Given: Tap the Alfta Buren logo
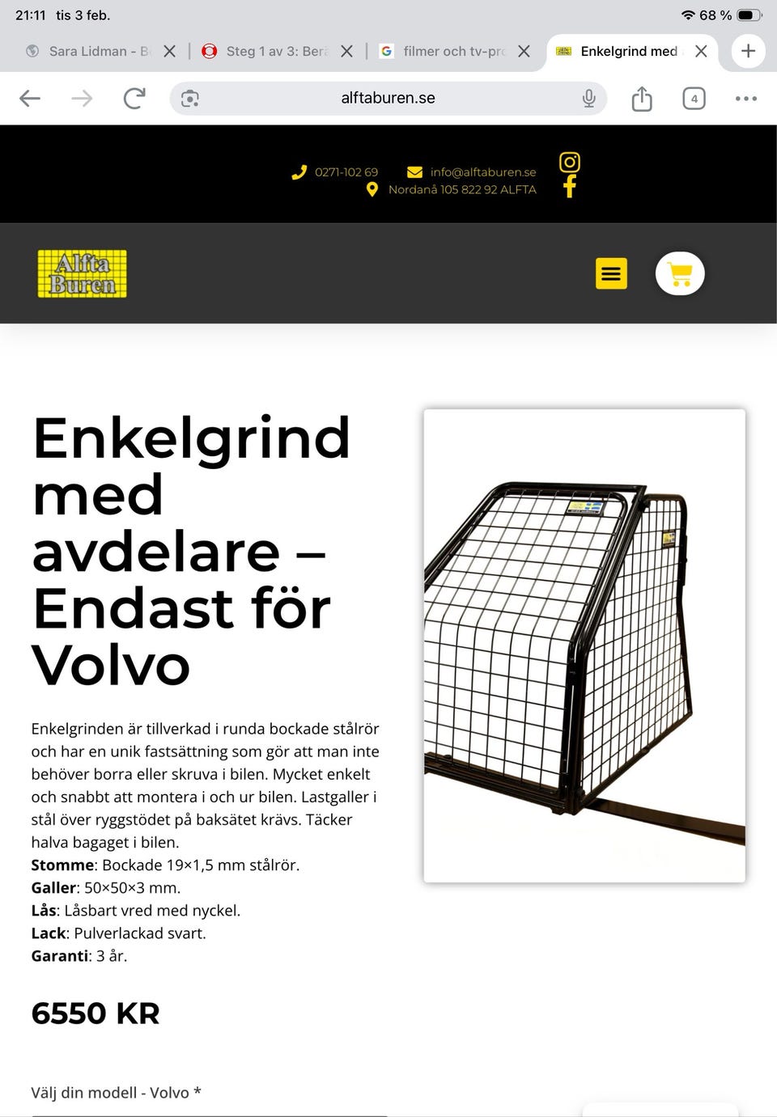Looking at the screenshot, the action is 82,273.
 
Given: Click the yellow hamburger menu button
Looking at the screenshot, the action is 611,273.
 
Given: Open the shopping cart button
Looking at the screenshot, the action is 680,274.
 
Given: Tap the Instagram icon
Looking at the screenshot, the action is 570,163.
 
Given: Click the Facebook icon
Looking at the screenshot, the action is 570,187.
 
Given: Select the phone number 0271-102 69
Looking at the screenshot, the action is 346,172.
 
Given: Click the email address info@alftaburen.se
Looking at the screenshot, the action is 482,172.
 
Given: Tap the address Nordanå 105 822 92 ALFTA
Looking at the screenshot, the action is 461,189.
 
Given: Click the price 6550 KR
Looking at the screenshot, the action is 96,1013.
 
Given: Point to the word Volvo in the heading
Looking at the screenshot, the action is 111,665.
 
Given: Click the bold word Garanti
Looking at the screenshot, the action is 59,956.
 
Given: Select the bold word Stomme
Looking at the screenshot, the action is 62,865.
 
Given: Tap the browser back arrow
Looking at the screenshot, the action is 30,99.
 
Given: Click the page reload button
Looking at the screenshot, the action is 134,99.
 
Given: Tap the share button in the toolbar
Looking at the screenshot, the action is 642,99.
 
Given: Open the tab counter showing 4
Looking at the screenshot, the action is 694,99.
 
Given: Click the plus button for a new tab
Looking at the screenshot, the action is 748,51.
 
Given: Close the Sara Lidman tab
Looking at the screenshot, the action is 169,51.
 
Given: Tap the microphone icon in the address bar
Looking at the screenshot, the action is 588,99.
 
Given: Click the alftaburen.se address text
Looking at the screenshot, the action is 388,98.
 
